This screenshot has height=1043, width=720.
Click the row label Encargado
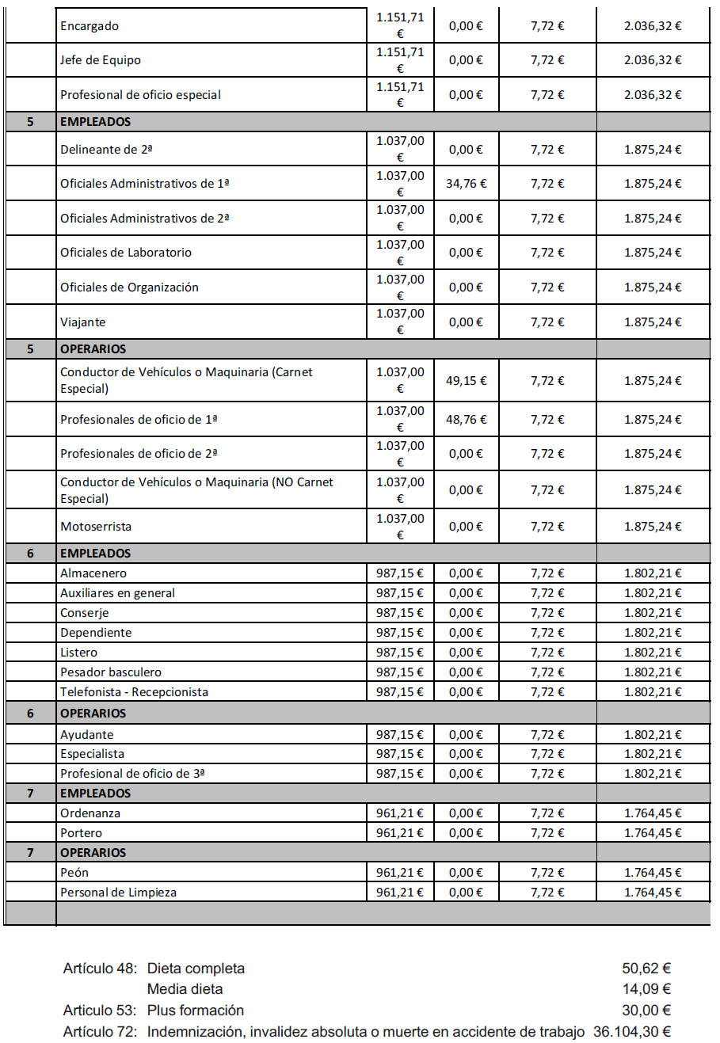point(90,26)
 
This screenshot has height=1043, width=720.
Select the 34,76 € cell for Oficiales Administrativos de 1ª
point(466,184)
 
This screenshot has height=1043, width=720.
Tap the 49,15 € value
point(466,381)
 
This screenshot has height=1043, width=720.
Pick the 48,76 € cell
point(466,420)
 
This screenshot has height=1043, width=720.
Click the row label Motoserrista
point(96,527)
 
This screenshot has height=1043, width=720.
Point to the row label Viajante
point(82,322)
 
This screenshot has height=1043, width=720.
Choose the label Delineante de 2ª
point(106,150)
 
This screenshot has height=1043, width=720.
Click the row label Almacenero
point(93,573)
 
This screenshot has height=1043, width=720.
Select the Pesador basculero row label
point(111,672)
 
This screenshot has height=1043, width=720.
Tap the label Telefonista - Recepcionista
point(134,692)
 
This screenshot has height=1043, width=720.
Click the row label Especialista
point(92,754)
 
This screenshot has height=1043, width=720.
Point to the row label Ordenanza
point(90,813)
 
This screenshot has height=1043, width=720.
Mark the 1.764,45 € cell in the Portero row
point(653,833)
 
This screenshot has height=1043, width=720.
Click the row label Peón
point(74,873)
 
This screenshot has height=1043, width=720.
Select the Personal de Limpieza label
point(118,893)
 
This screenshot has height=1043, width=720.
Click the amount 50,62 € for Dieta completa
point(646,969)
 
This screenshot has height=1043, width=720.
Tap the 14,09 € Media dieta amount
point(646,989)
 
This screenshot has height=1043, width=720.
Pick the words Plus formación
point(196,1011)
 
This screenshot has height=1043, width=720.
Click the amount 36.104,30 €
point(632,1032)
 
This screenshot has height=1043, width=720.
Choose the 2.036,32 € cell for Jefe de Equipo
point(653,60)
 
